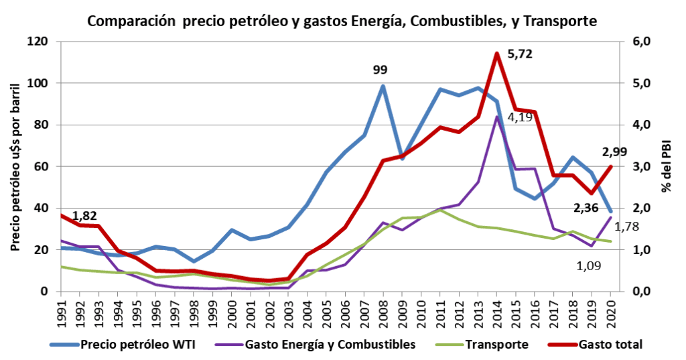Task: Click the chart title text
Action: click(x=342, y=21)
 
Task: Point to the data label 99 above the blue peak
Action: click(x=381, y=69)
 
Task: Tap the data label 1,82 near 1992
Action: click(x=85, y=216)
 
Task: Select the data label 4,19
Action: click(x=520, y=117)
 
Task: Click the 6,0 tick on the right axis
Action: click(x=641, y=42)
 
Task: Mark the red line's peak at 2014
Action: click(x=496, y=53)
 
